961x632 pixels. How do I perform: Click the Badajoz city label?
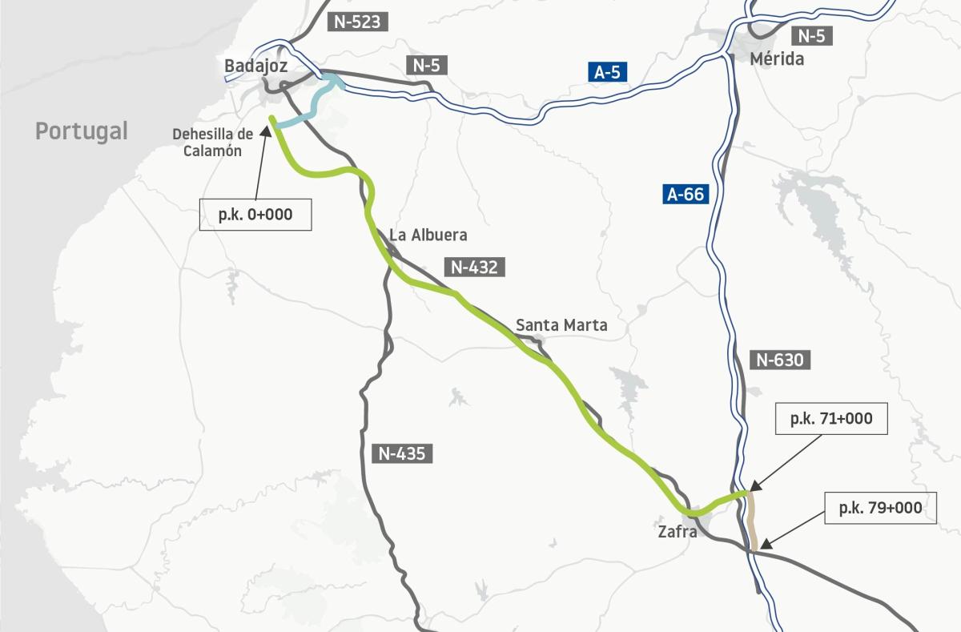tap(256, 66)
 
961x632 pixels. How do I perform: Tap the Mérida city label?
tap(777, 58)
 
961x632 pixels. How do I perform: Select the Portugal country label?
tap(81, 131)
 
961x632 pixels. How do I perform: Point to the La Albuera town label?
tap(428, 235)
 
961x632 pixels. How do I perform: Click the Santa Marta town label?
tap(561, 325)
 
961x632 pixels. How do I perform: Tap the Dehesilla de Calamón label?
tap(207, 142)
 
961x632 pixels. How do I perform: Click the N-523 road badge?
tap(357, 22)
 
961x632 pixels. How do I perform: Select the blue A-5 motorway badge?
tap(607, 72)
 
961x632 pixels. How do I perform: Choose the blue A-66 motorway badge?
tap(685, 194)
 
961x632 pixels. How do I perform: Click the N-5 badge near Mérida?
tap(812, 35)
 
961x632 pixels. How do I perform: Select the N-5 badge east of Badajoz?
tap(428, 66)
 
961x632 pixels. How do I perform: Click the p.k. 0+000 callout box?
tap(255, 215)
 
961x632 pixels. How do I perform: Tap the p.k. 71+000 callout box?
tap(831, 418)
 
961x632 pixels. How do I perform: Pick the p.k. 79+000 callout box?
tap(880, 508)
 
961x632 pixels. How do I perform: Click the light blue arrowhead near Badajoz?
tap(336, 81)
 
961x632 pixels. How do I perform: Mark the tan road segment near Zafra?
tap(752, 521)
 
